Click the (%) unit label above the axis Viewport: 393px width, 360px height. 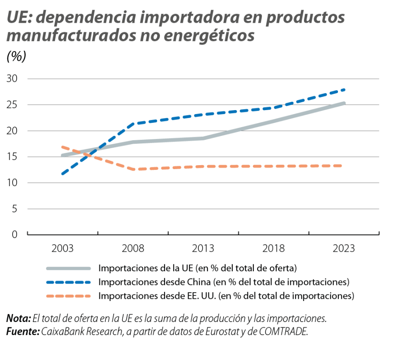click(17, 57)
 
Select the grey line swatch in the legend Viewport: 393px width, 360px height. click(68, 268)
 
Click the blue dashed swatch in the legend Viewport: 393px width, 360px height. click(68, 282)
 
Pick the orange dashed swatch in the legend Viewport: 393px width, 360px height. click(68, 296)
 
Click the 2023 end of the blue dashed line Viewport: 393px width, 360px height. click(345, 90)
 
